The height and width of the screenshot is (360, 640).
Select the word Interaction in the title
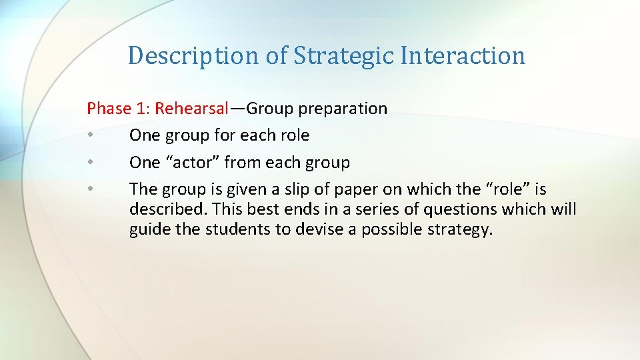coord(463,55)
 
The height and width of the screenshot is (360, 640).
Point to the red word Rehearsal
coord(192,109)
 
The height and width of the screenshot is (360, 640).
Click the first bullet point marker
coord(90,136)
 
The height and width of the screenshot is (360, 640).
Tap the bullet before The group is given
coord(90,190)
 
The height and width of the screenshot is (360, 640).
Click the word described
coord(167,209)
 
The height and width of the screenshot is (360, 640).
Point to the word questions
coord(443,210)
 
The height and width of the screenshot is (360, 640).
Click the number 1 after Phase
coord(140,109)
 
